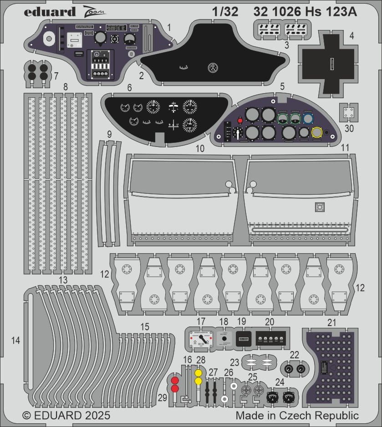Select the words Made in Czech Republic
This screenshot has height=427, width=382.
[297, 416]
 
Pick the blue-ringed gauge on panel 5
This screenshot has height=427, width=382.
[308, 119]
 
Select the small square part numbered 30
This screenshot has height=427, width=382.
[349, 111]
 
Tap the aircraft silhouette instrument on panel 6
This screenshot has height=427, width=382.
[173, 106]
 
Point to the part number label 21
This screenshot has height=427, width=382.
[331, 323]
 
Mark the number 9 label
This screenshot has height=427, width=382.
[109, 134]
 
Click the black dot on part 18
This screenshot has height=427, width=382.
[224, 339]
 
